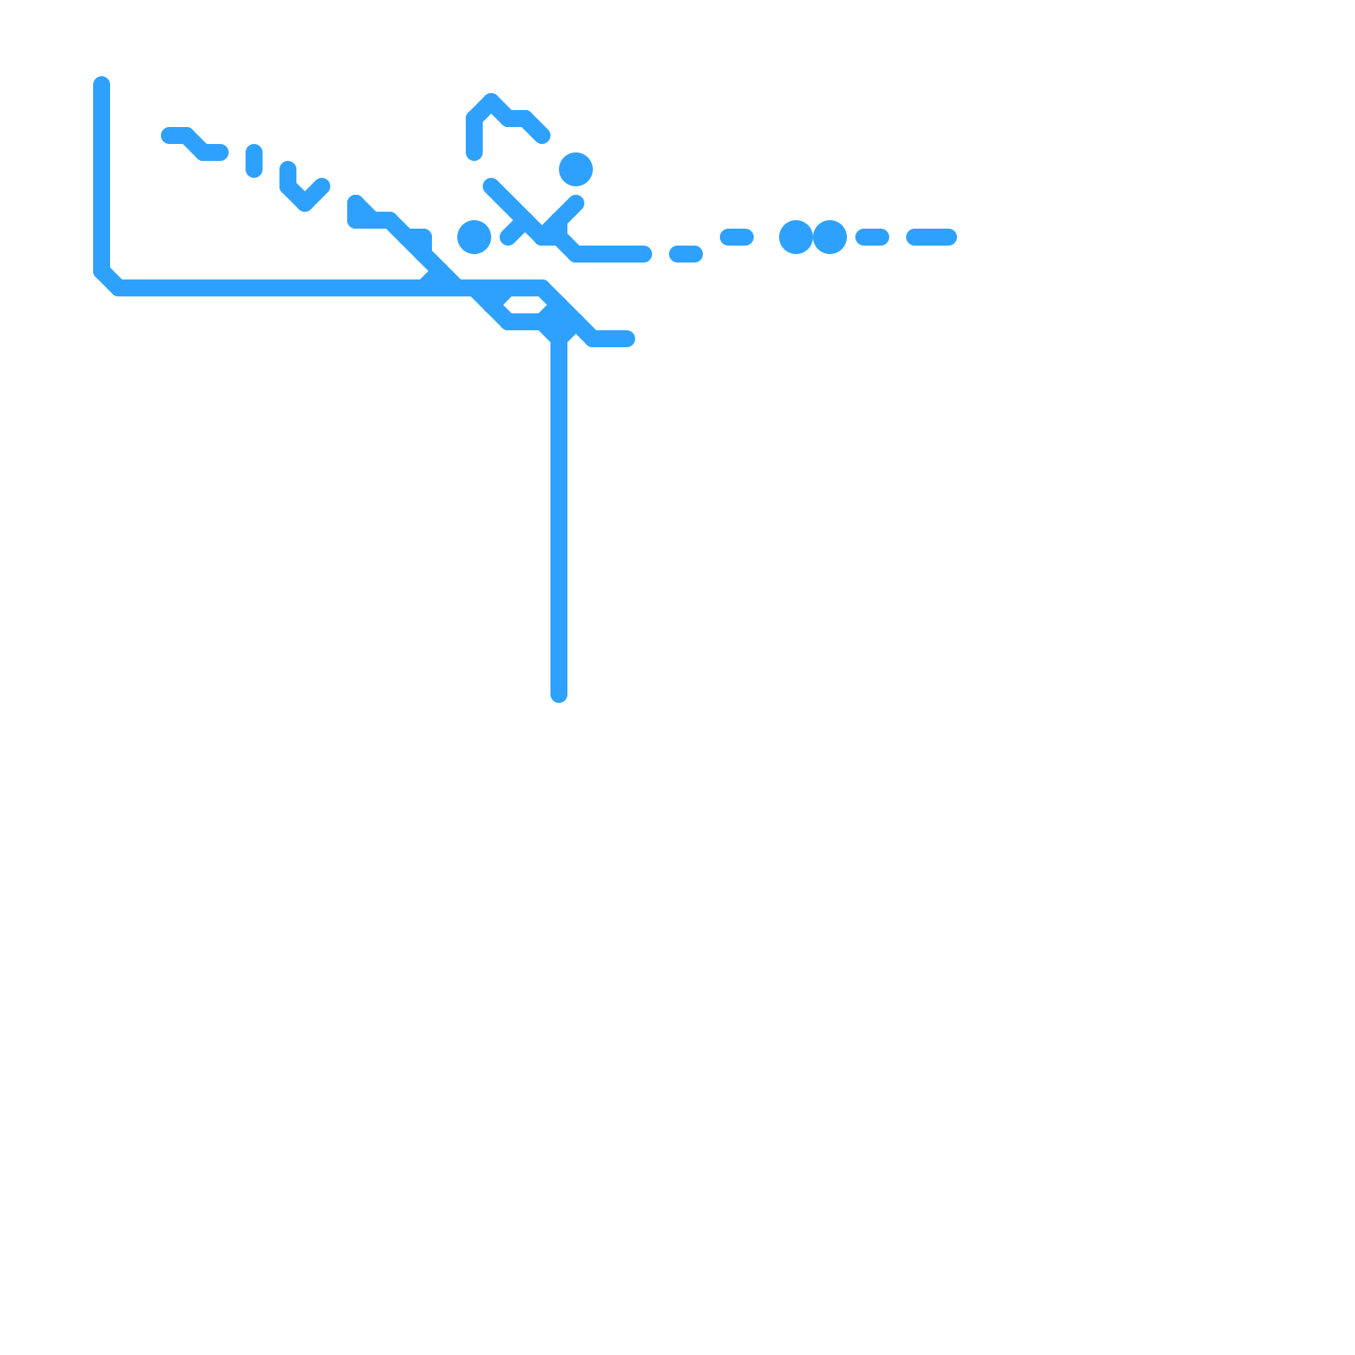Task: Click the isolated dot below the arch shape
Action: (576, 169)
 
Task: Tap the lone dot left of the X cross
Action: (474, 237)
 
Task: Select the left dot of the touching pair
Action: (796, 237)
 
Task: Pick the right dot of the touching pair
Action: (830, 237)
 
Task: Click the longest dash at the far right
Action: (932, 237)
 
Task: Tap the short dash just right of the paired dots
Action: (872, 237)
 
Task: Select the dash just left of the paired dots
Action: (737, 237)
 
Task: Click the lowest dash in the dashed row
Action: (686, 254)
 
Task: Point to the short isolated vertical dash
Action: (254, 161)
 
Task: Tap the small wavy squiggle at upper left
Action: (195, 144)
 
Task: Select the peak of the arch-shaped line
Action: (491, 102)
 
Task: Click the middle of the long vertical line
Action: (559, 517)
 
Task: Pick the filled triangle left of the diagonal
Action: (360, 212)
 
